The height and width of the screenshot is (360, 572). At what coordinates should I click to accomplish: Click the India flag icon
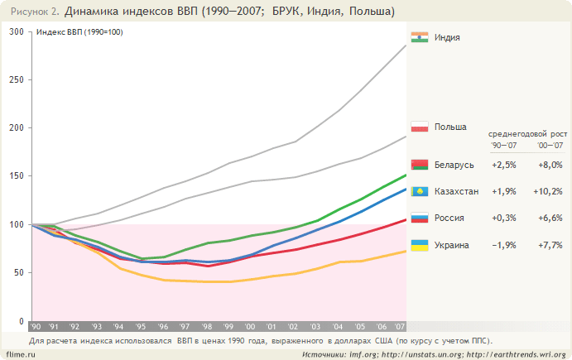[419, 37]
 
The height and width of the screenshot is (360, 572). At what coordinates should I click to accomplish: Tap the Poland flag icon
[419, 127]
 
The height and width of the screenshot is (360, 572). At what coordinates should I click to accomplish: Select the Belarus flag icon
[419, 165]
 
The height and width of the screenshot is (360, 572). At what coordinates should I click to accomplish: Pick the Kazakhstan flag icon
[419, 191]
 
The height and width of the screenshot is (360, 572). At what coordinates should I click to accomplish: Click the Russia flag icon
[419, 218]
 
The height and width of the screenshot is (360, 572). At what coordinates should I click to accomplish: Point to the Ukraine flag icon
[419, 245]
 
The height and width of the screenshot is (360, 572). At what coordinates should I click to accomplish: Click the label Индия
[447, 37]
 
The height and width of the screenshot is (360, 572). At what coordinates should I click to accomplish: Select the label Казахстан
[457, 191]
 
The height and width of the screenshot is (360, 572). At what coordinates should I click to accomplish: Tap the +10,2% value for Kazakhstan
[549, 191]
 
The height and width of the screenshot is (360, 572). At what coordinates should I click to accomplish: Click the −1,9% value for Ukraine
[504, 245]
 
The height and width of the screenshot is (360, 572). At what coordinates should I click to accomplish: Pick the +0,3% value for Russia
[504, 218]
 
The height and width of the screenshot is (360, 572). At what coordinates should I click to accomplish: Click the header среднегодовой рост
[527, 132]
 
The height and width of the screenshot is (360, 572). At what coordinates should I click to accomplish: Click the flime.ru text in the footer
[18, 353]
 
